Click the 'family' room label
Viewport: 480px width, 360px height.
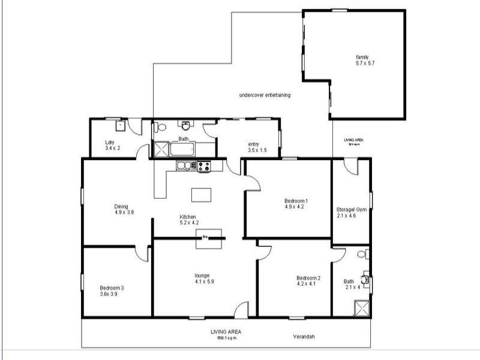(x=362, y=58)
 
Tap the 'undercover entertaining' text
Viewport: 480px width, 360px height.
(x=265, y=95)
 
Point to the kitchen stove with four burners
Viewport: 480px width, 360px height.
(x=203, y=166)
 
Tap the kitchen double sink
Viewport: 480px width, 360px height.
(x=184, y=166)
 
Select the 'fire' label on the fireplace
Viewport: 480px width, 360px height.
(x=205, y=236)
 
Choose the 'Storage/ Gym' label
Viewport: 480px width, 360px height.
(x=352, y=209)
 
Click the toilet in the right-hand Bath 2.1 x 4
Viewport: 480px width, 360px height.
(x=361, y=254)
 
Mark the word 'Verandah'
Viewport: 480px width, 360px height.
(x=304, y=336)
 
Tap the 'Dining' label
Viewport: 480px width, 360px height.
(x=122, y=206)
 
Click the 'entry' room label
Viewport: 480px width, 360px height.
(x=253, y=144)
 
